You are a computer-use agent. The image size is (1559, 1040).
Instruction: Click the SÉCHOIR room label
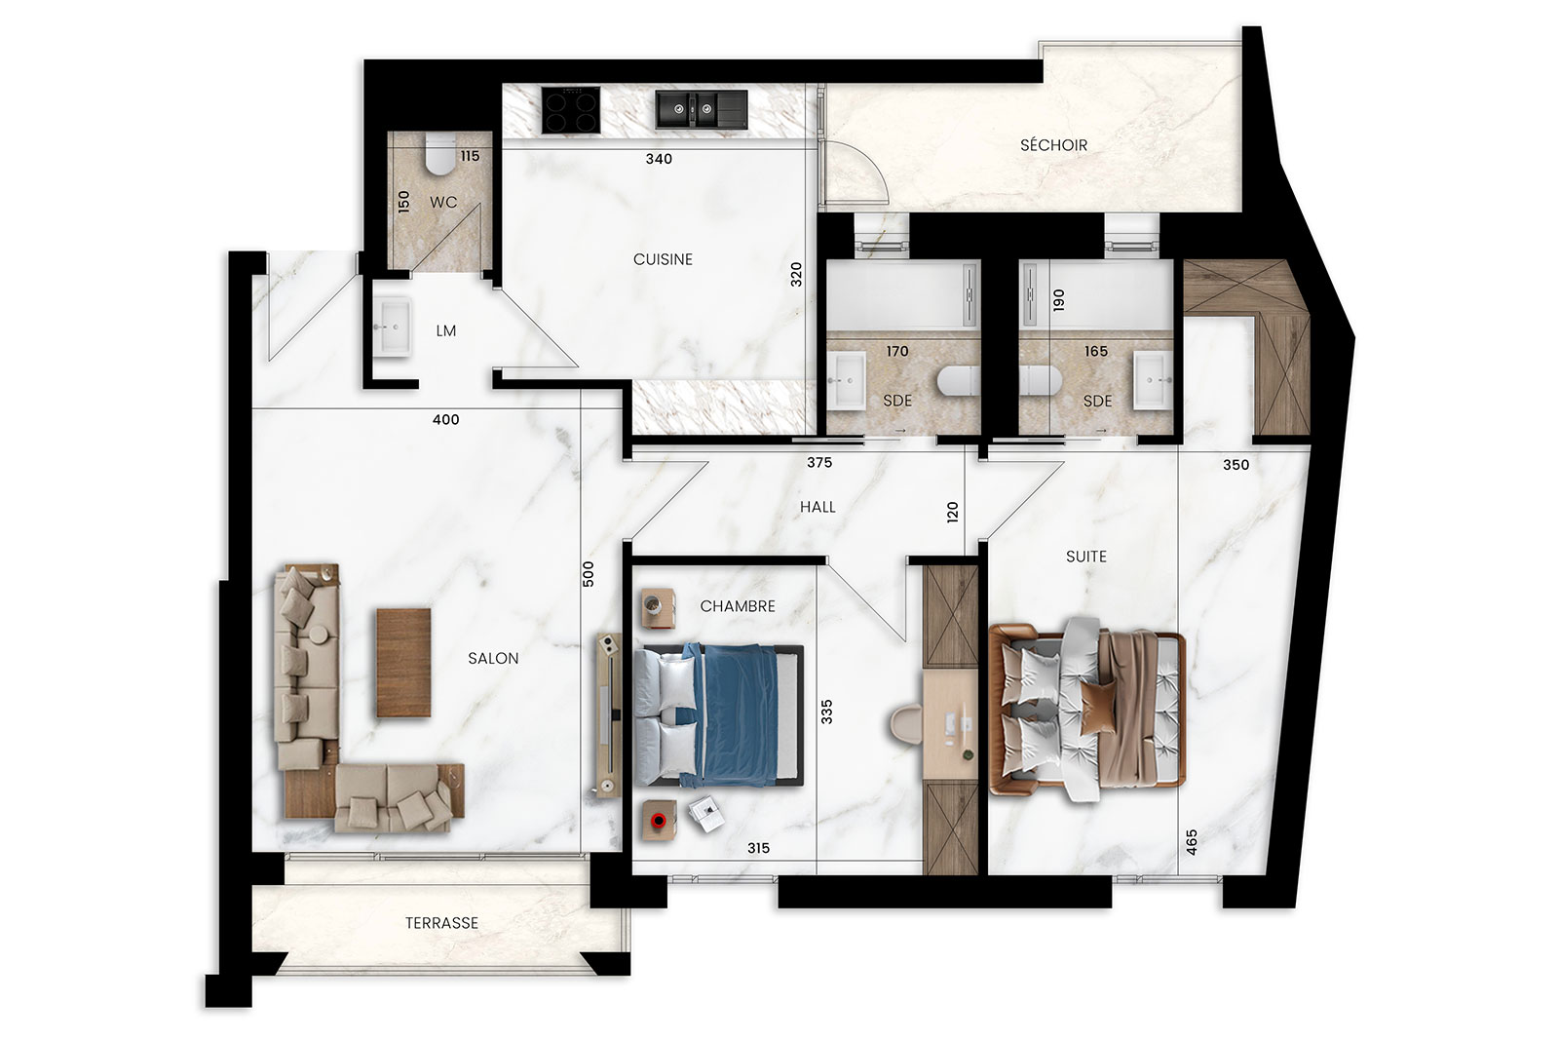coord(1053,145)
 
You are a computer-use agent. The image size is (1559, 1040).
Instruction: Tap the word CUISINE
coord(663,259)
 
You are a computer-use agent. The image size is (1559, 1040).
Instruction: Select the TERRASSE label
coord(441,923)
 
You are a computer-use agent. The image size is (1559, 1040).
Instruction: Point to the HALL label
coord(818,507)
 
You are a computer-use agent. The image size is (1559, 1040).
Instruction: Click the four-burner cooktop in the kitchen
coord(571,110)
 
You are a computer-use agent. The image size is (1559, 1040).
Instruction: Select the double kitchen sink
coord(702,109)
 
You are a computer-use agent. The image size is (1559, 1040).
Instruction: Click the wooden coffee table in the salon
coord(403,663)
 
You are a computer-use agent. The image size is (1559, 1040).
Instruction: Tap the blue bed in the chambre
coord(719,714)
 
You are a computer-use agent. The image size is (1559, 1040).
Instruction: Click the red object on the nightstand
coord(658,821)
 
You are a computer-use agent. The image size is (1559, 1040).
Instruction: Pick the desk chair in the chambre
coord(906,724)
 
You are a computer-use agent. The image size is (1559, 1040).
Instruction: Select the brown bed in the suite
coord(1086,709)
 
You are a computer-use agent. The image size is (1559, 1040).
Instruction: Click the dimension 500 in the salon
coord(589,573)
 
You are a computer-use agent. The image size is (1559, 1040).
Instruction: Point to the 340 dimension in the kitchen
coord(659,159)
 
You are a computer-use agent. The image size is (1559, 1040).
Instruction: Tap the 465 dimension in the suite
coord(1191,842)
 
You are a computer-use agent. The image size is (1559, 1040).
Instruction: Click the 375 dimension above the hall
coord(819,462)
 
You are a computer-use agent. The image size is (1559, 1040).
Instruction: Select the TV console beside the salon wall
coord(608,714)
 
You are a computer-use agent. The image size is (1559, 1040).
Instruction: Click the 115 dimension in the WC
coord(470,156)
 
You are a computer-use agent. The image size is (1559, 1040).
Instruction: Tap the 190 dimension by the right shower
coord(1058,300)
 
